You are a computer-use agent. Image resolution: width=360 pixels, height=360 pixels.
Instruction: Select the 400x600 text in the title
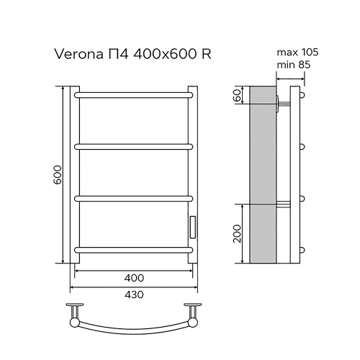click(166, 54)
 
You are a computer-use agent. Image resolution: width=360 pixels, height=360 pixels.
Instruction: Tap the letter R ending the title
click(206, 54)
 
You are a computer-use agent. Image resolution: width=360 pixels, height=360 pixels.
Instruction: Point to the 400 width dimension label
click(134, 278)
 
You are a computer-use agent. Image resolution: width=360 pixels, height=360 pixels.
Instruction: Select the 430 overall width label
click(134, 295)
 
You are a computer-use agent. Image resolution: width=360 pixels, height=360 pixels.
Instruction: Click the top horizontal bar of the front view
click(134, 94)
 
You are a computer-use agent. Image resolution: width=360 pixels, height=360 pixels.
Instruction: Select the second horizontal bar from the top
click(134, 145)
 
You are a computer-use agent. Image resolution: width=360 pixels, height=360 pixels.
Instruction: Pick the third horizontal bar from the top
click(134, 197)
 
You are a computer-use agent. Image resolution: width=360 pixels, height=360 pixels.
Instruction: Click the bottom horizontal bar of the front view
click(134, 249)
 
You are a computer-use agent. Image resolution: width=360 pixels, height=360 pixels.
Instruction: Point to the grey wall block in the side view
click(263, 173)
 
